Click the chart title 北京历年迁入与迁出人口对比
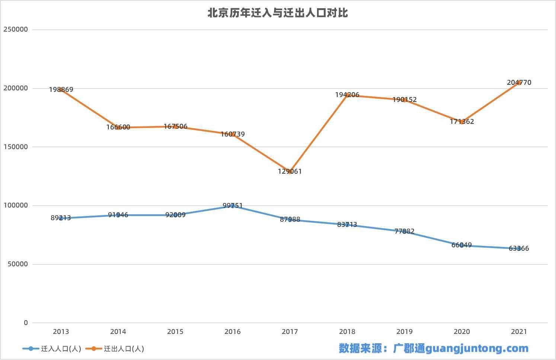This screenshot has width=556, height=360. [278, 13]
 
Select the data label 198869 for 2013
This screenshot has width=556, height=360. [61, 90]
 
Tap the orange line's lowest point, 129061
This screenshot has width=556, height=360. [290, 171]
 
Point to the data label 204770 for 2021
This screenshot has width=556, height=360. [519, 83]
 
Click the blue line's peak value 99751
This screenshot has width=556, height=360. [233, 206]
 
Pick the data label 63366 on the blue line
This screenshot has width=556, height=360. [519, 248]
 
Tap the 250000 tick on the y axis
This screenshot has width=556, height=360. [16, 29]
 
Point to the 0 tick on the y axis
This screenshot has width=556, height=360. [26, 323]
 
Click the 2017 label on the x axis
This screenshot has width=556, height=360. [290, 332]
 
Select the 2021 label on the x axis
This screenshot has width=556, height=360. [519, 332]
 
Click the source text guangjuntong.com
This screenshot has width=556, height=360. [477, 348]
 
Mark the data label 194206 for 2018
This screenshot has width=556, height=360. [347, 95]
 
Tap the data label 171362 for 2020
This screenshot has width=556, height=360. [462, 122]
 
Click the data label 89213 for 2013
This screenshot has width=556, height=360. [61, 218]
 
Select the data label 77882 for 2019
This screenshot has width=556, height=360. [405, 231]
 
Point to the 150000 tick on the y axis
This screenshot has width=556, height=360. [16, 147]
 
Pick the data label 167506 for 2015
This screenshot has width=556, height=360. [175, 126]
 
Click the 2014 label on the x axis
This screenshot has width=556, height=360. [118, 332]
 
